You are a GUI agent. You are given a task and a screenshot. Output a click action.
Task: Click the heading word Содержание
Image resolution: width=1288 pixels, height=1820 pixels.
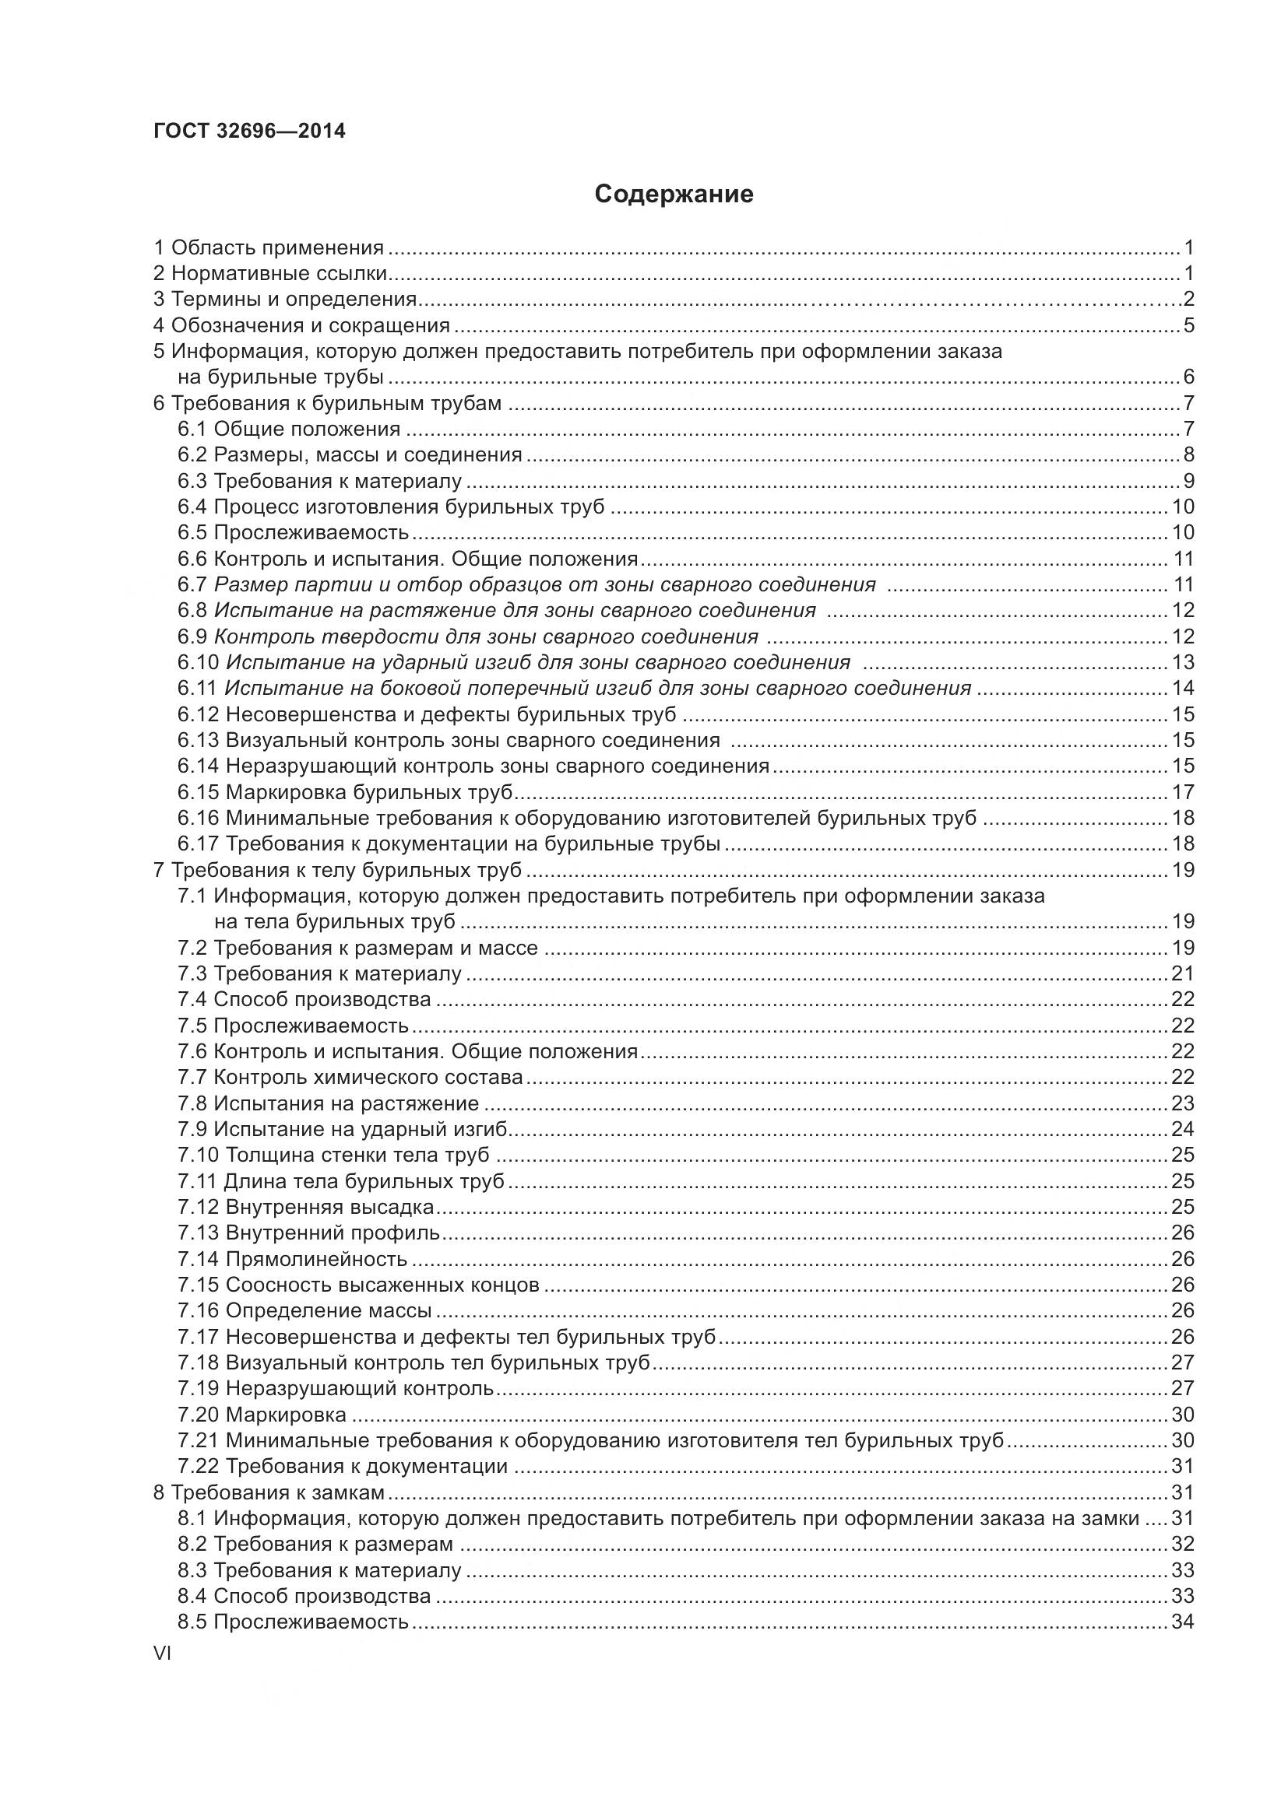point(674,195)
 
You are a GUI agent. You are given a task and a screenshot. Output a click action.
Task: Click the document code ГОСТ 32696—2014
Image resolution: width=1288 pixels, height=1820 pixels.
point(249,132)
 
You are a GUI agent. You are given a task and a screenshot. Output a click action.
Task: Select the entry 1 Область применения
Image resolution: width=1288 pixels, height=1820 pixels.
point(268,248)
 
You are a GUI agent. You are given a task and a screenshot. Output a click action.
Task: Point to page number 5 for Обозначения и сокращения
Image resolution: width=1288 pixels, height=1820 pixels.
point(1188,326)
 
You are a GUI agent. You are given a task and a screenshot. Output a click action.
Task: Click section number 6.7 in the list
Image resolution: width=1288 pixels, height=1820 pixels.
point(192,585)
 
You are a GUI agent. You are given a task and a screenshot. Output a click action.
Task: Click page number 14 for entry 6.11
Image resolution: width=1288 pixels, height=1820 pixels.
point(1182,689)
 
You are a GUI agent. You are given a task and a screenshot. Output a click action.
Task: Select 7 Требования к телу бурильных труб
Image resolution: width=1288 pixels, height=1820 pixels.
point(337,871)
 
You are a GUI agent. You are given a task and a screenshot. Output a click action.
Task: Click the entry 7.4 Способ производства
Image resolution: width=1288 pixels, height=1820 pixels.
point(304,1000)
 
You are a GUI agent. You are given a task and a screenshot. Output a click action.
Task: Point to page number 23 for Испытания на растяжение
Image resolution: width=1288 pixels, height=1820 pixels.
point(1182,1103)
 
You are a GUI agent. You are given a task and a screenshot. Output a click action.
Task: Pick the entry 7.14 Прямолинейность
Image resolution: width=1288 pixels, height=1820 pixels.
point(292,1259)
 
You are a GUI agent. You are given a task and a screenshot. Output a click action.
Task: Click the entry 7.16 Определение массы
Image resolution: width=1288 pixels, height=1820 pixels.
point(304,1310)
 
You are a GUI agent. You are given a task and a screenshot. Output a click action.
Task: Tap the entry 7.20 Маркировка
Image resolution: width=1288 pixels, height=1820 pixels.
point(262,1414)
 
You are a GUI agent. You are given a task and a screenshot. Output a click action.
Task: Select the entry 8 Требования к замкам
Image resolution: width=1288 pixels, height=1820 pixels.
point(268,1492)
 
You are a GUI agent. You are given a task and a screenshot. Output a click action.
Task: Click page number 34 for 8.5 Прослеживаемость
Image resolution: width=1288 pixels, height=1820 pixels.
point(1182,1622)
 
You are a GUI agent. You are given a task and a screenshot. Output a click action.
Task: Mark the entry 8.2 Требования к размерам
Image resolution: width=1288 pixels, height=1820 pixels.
point(315,1544)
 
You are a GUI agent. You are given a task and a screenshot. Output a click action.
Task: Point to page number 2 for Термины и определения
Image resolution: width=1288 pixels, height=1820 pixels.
point(1188,300)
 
